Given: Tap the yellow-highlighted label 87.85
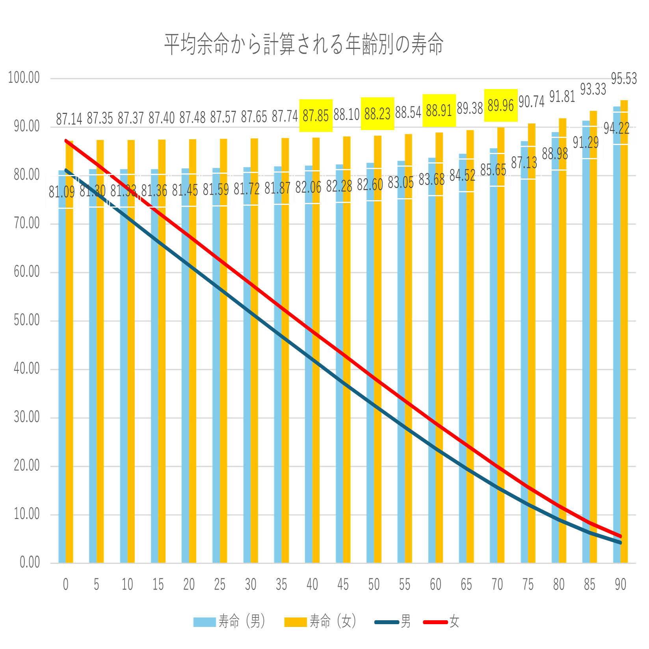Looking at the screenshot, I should (316, 115).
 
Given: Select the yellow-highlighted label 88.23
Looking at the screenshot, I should (377, 114).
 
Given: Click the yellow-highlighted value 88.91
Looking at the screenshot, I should (439, 111).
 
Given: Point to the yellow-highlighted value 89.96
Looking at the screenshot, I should (500, 105).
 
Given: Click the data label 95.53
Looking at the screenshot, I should (624, 79).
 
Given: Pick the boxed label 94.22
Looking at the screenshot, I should (617, 128).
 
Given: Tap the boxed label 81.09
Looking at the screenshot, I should (61, 192).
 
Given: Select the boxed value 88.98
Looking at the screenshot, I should (555, 154).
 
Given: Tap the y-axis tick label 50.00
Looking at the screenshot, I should (27, 320).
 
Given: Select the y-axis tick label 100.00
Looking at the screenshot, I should (24, 78).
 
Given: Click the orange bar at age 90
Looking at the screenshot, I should (624, 331).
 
